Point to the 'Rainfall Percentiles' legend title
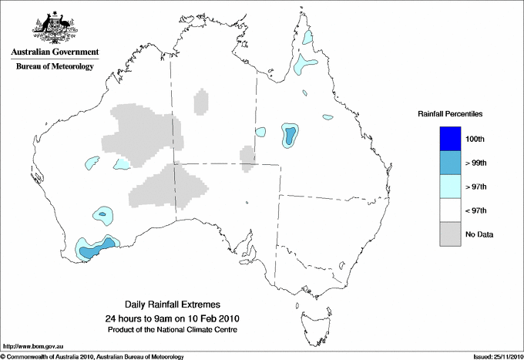click(450, 113)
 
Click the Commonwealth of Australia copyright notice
click(92, 355)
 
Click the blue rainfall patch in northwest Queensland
click(291, 136)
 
